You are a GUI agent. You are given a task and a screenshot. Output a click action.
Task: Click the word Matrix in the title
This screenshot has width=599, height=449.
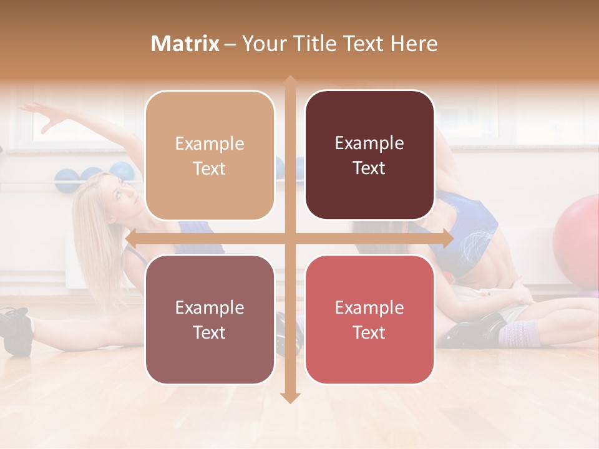(185, 44)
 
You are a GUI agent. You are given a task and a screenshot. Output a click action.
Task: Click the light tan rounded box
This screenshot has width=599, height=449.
(210, 155)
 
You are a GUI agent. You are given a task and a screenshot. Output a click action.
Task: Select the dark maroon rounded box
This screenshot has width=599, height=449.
(369, 155)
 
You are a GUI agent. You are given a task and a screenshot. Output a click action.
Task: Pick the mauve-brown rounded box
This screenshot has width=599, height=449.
(210, 319)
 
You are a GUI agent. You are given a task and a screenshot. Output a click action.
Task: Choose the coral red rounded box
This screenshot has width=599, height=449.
(369, 319)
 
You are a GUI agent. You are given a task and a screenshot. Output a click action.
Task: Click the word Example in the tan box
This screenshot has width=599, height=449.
(210, 144)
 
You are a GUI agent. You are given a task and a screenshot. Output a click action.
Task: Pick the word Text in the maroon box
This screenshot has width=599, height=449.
(369, 168)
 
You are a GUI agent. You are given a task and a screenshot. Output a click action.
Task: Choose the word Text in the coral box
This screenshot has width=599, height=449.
(369, 332)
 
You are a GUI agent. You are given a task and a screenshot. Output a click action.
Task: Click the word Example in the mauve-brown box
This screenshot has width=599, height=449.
(210, 308)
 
